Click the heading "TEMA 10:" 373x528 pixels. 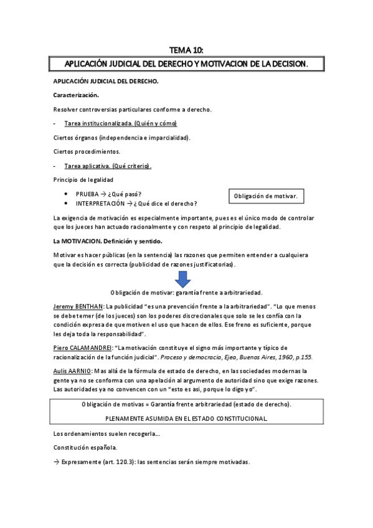tap(186, 50)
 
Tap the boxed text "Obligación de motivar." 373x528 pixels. tap(266, 197)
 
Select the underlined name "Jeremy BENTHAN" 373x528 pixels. tap(78, 307)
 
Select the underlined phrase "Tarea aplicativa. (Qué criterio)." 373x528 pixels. tap(108, 166)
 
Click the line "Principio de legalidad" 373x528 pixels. tap(83, 180)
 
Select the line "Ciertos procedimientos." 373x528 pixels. tap(87, 151)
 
